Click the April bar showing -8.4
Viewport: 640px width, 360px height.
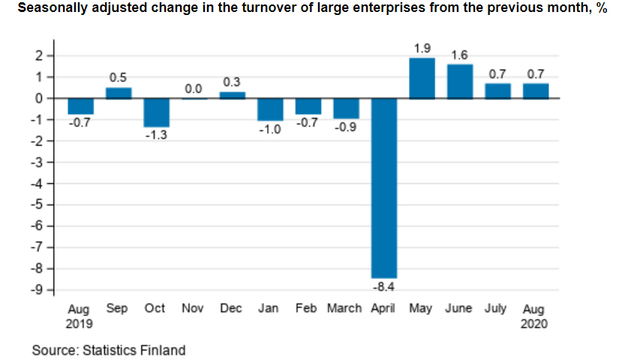coord(384,187)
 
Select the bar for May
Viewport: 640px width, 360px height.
coord(422,78)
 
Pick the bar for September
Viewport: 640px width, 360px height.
coord(118,93)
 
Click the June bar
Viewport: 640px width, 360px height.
coord(460,81)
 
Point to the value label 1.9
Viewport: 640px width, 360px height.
coord(422,49)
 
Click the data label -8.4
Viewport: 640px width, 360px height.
coord(384,286)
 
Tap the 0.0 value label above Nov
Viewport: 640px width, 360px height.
coord(194,89)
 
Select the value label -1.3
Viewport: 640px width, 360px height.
coord(156,136)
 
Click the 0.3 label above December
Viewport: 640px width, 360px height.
coord(232,82)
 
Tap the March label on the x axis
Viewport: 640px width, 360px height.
coord(344,309)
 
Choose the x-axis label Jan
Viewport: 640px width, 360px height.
coord(269,309)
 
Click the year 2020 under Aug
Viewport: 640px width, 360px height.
coord(534,324)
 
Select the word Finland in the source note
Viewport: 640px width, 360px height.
coord(162,349)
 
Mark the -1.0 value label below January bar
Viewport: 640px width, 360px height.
coord(269,130)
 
